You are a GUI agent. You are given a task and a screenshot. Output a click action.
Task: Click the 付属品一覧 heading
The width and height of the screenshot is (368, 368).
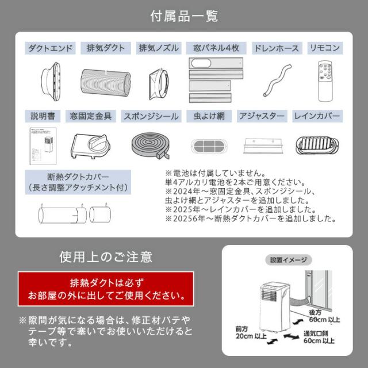click(x=184, y=16)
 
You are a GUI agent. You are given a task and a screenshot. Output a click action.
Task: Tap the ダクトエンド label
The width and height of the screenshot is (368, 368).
click(x=51, y=48)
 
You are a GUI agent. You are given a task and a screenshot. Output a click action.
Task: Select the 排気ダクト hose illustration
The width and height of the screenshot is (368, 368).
click(x=106, y=82)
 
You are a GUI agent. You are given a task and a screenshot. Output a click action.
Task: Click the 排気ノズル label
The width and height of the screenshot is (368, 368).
click(x=159, y=48)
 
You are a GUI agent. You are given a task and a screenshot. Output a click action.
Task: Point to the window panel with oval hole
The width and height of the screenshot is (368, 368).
click(x=216, y=63)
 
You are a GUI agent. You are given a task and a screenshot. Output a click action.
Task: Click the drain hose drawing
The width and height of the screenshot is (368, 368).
click(x=277, y=80)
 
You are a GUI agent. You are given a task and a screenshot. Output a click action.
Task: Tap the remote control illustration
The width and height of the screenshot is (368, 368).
click(x=325, y=81)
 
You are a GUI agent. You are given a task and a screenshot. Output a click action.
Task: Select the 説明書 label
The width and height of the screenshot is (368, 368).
click(x=43, y=116)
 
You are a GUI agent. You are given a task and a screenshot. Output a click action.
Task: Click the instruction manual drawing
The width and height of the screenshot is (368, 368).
click(x=43, y=146)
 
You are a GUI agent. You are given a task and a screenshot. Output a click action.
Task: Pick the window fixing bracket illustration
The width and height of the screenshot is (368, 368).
click(x=90, y=146)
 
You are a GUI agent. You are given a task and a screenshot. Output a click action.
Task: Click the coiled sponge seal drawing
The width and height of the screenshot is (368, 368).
click(x=151, y=145)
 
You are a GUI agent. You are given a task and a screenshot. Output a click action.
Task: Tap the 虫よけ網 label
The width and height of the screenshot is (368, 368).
click(x=209, y=116)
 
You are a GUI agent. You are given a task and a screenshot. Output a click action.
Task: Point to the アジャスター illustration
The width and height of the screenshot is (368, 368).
click(x=263, y=145)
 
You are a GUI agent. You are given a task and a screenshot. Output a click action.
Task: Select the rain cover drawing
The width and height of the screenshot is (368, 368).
click(x=317, y=145)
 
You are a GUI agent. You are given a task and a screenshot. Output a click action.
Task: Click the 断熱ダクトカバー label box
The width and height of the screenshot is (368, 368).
click(x=78, y=182)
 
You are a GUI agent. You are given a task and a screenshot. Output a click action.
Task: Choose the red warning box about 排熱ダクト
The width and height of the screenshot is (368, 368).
click(x=106, y=289)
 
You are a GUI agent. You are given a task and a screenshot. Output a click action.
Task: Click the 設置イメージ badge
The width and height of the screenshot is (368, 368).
click(x=289, y=260)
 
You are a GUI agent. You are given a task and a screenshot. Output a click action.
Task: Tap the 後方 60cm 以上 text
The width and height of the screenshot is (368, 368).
click(x=324, y=316)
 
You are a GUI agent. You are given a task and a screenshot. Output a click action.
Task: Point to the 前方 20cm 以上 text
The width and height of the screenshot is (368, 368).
click(x=251, y=332)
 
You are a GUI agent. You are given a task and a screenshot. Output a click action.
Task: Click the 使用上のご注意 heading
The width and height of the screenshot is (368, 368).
click(x=106, y=257)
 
